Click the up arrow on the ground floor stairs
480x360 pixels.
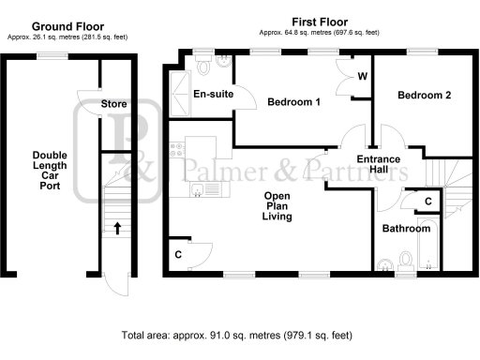click(117, 226)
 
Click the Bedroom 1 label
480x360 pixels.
click(293, 101)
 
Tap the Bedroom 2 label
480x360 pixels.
click(424, 96)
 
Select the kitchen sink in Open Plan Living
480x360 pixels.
click(202, 190)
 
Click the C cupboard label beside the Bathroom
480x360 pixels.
click(427, 202)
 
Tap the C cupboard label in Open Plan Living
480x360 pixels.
click(178, 254)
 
